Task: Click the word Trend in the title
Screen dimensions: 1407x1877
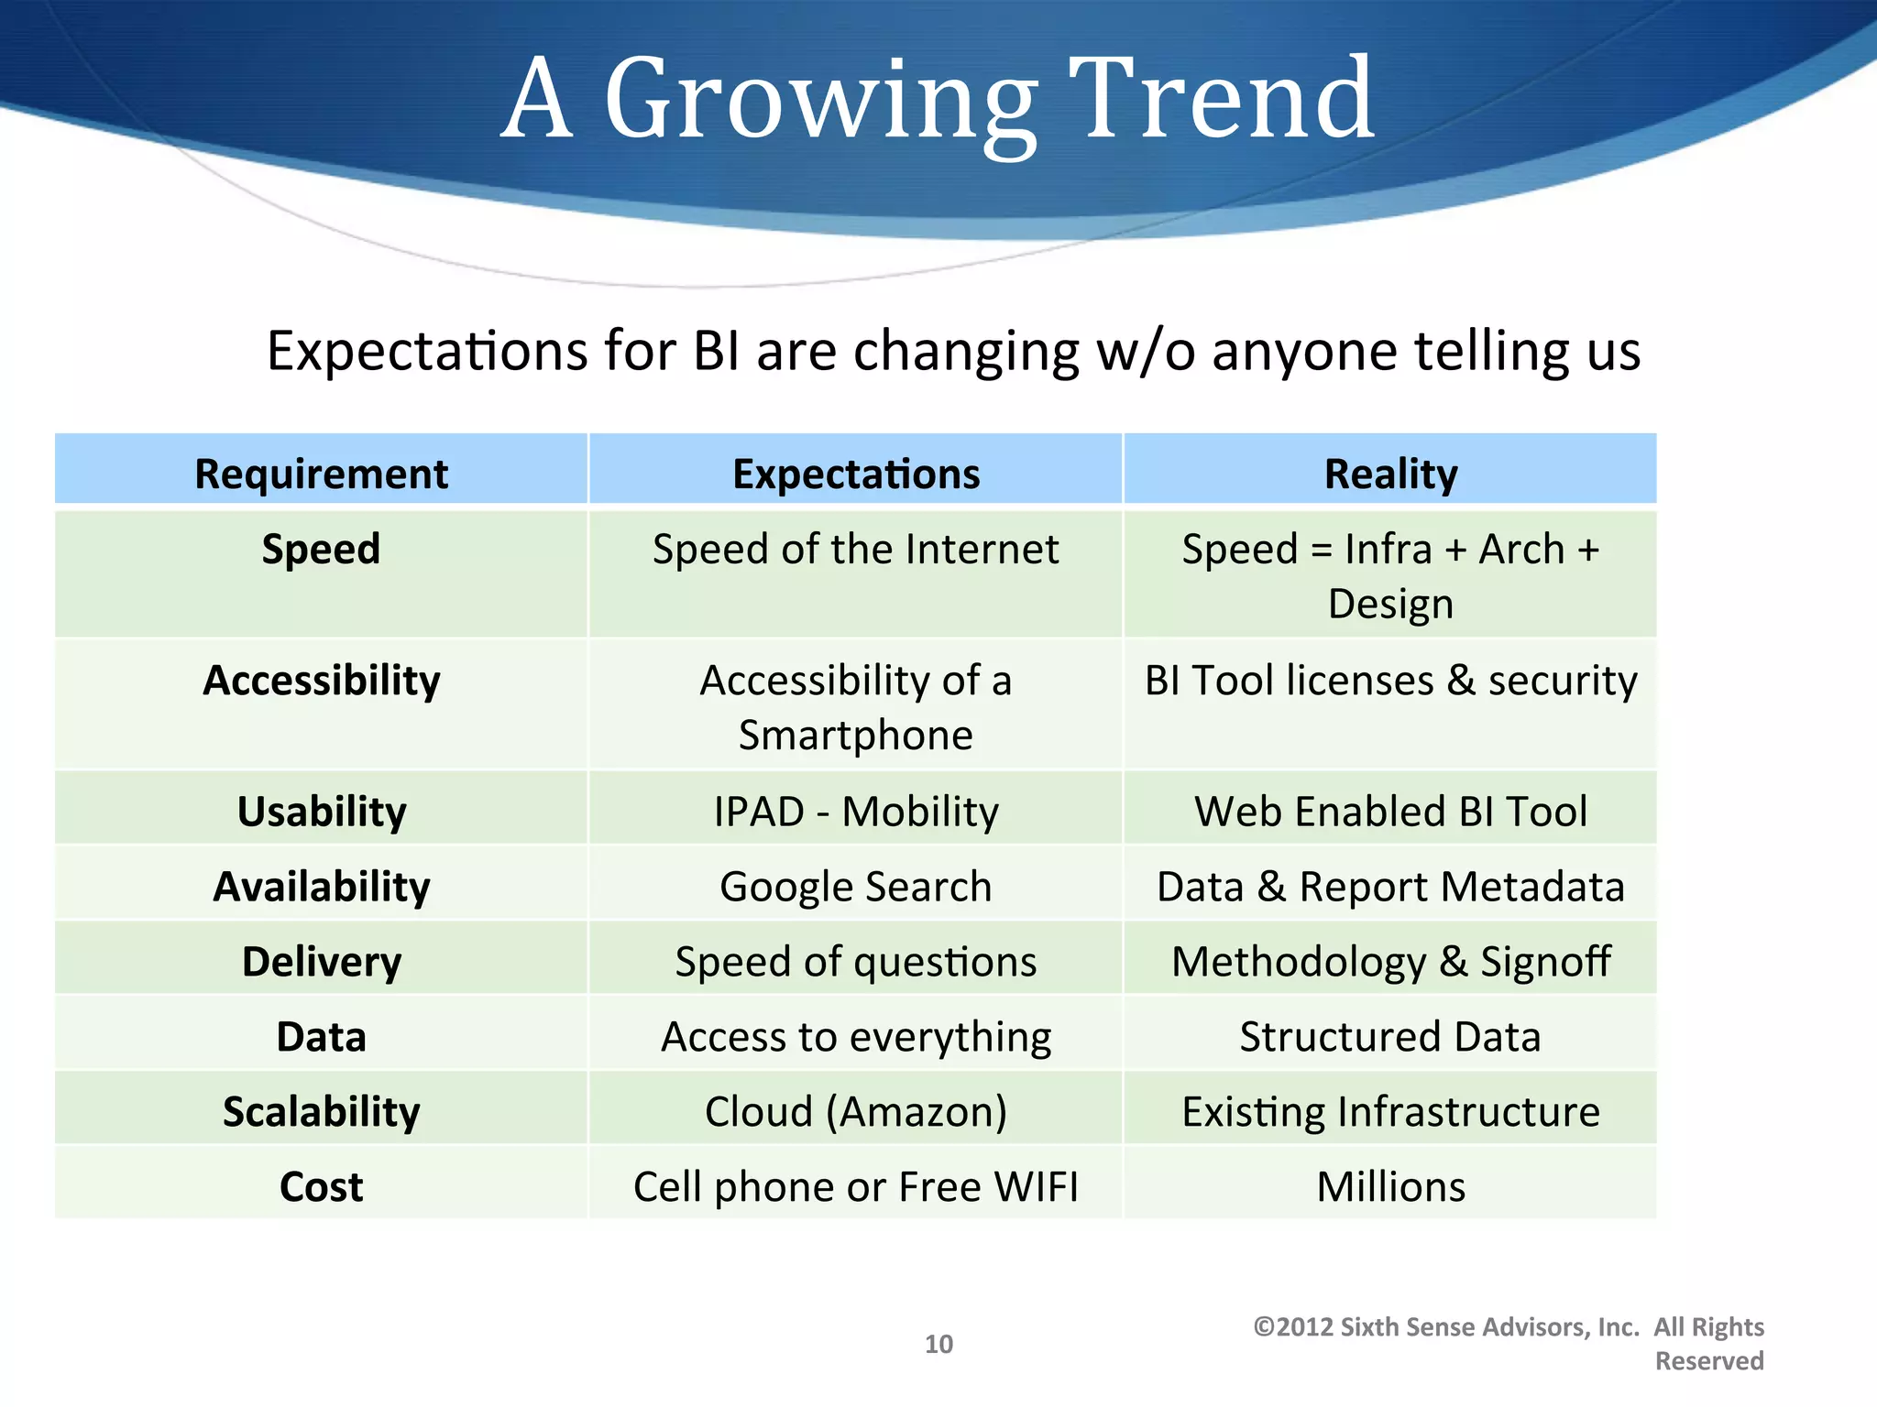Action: [x=1222, y=99]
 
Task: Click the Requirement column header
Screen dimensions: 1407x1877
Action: [x=321, y=474]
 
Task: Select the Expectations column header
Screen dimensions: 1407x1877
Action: [x=856, y=474]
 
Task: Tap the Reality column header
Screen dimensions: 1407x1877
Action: [x=1390, y=474]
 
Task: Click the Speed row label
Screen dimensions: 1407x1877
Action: [x=321, y=550]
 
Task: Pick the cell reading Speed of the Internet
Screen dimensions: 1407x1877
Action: [x=856, y=550]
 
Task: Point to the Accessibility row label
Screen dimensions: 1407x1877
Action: [x=321, y=681]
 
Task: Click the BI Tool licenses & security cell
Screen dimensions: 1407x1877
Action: [x=1390, y=681]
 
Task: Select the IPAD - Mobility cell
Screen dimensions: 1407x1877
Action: [x=856, y=812]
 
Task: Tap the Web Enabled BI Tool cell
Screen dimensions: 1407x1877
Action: [x=1390, y=812]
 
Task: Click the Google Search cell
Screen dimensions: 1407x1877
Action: [x=856, y=887]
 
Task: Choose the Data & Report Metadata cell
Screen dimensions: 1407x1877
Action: [x=1390, y=887]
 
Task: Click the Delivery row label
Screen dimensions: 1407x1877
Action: [x=321, y=962]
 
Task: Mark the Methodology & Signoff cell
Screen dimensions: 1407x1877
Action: [x=1390, y=962]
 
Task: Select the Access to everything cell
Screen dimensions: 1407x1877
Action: [x=856, y=1037]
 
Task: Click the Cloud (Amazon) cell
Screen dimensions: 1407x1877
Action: [x=856, y=1112]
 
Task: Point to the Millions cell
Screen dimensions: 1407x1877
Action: [x=1390, y=1187]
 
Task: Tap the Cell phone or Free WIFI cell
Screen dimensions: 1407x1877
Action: [x=856, y=1187]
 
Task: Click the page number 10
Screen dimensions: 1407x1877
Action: [x=938, y=1344]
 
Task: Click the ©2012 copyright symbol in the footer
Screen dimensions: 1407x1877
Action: [x=1265, y=1327]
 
